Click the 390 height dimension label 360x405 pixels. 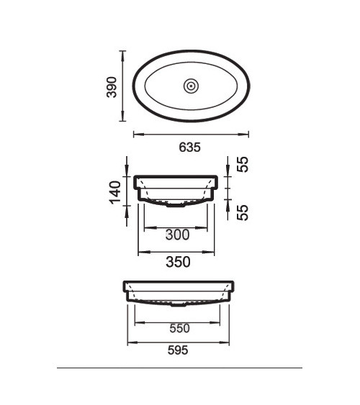pyautogui.click(x=112, y=87)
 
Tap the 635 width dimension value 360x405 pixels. pyautogui.click(x=189, y=147)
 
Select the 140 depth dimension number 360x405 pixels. pyautogui.click(x=115, y=192)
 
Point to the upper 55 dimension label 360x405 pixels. pyautogui.click(x=243, y=164)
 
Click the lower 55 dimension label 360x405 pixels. pyautogui.click(x=243, y=213)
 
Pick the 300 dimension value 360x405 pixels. pyautogui.click(x=178, y=235)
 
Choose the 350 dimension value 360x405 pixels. pyautogui.click(x=178, y=262)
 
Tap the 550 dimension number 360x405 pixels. pyautogui.click(x=179, y=328)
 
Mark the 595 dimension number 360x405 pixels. pyautogui.click(x=178, y=350)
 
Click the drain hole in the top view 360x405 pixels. pyautogui.click(x=191, y=86)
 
